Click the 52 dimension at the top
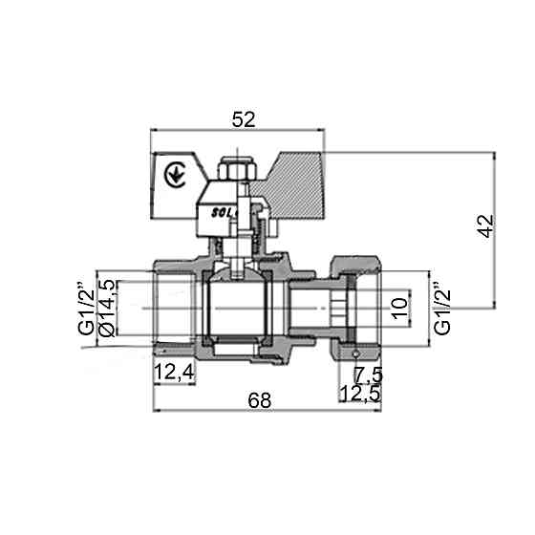[x=244, y=119]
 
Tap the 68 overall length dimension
[x=258, y=401]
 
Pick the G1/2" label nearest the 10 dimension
[x=440, y=306]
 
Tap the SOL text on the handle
[x=222, y=215]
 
